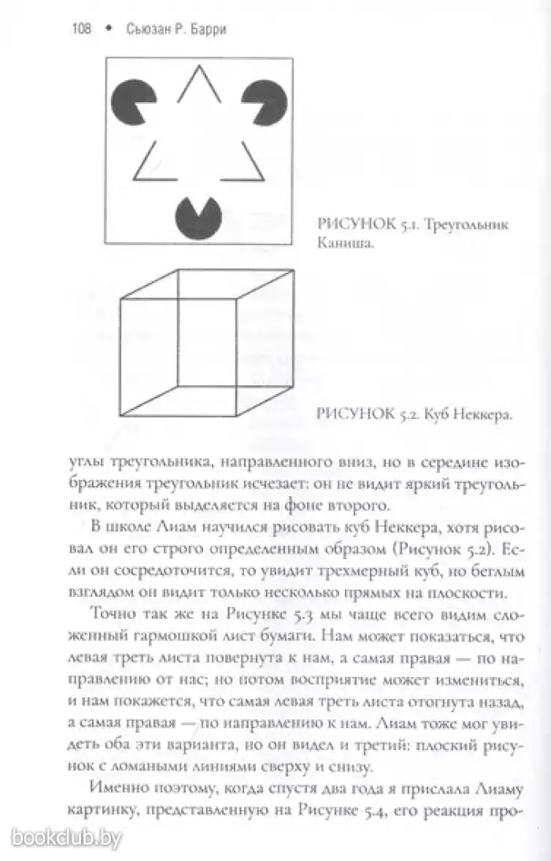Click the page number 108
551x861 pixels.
click(x=80, y=30)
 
